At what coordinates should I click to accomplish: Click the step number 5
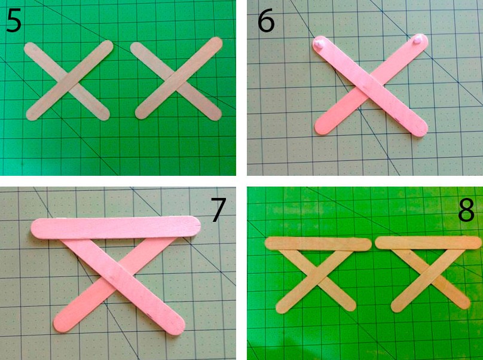coord(14,21)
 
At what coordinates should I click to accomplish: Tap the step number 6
coord(266,21)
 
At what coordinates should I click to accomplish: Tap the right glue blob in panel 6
coord(418,39)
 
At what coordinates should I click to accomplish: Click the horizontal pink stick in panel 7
coord(116,227)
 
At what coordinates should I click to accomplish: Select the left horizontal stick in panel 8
coord(318,244)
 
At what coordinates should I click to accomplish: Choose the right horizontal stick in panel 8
coord(428,242)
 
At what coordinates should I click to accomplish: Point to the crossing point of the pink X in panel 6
coord(370,87)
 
